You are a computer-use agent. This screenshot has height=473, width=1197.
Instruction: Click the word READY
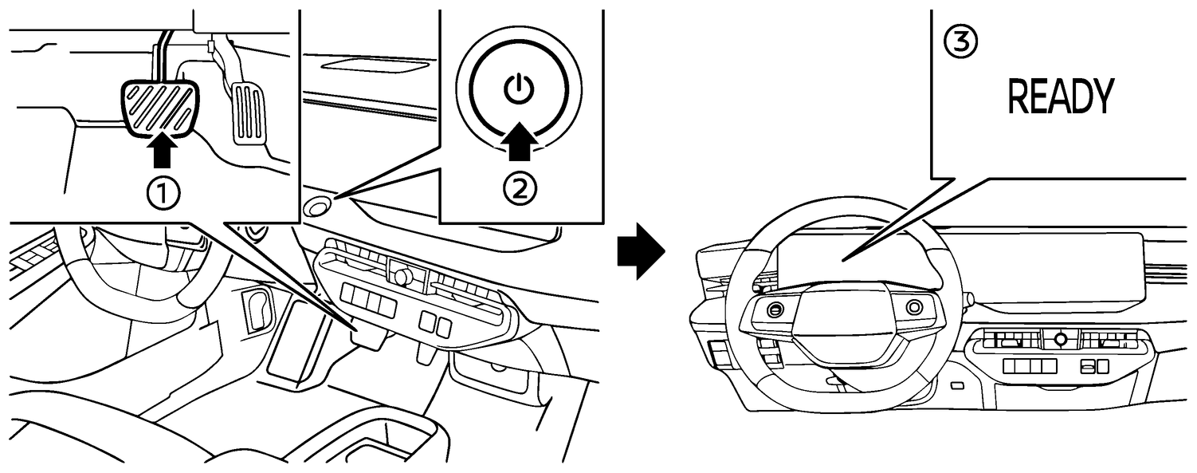[1060, 97]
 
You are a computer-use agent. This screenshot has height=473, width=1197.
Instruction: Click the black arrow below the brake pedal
[163, 152]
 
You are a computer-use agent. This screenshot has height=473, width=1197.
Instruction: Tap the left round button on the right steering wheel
[775, 309]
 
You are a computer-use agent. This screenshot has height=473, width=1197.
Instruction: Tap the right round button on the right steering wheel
[914, 305]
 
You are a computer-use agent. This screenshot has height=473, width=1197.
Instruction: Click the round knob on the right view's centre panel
[1060, 338]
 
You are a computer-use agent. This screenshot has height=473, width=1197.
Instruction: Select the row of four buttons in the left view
[368, 297]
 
